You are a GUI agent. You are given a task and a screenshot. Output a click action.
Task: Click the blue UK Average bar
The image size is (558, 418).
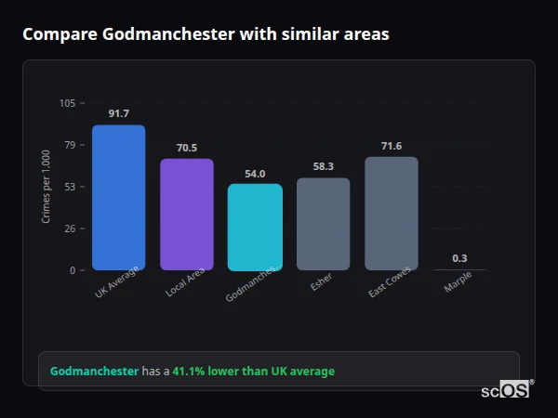tap(118, 198)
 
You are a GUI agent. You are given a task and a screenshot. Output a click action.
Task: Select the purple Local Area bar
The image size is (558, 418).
tap(187, 215)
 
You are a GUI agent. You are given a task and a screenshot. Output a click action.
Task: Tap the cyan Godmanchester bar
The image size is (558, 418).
tap(255, 227)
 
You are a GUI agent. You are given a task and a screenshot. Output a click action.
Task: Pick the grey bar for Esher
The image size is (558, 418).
tap(323, 224)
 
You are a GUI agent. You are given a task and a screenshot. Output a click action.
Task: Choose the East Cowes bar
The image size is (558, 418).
tap(392, 214)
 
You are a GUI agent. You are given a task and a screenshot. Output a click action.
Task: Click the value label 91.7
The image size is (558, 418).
tap(118, 114)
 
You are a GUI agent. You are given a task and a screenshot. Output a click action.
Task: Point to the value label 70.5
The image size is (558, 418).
tap(187, 148)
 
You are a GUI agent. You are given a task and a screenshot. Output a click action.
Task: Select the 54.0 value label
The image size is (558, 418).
tap(255, 174)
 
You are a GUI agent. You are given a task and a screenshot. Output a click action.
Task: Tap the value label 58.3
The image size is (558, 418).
tap(323, 166)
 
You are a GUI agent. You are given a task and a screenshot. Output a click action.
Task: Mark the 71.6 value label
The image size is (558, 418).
tap(392, 146)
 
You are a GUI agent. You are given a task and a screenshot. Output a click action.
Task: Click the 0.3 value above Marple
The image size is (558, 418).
tap(459, 258)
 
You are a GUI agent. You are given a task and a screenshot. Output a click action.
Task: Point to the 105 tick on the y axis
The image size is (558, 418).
tap(68, 103)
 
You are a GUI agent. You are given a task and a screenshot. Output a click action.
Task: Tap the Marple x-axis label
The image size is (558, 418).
tap(458, 282)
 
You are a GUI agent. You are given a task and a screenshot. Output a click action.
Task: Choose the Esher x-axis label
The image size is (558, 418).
tap(322, 282)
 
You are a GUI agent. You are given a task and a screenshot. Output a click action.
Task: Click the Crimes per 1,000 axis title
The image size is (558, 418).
tap(46, 186)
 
